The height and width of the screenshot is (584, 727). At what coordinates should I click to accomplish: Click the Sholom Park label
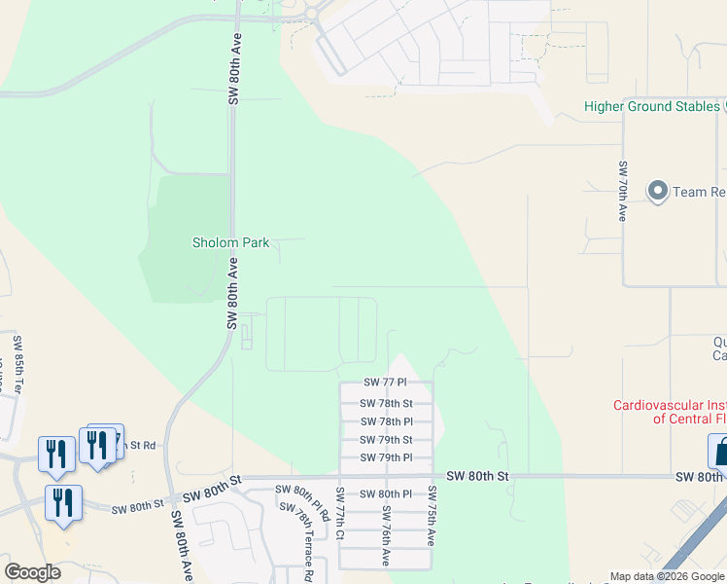coord(230,242)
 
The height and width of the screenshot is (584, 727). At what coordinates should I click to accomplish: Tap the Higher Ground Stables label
coord(650,106)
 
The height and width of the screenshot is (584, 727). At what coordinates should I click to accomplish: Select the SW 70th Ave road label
coord(621,190)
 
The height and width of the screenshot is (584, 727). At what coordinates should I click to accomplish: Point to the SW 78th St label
coord(386,403)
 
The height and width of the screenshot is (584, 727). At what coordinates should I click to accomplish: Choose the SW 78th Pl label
coord(386,421)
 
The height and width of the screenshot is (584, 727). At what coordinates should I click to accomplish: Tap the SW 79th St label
coord(386,440)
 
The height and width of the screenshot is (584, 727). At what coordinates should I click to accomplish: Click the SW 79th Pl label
coord(386,457)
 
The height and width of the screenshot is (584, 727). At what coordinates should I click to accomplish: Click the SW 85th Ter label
coord(17,363)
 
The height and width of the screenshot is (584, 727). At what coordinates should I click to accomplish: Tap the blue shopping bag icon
coord(720,451)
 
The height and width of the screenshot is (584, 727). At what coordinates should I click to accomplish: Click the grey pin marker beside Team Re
coord(658,191)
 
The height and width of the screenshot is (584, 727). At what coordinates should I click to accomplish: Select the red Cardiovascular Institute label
coord(669,412)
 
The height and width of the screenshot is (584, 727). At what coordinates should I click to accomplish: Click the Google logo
coord(32,572)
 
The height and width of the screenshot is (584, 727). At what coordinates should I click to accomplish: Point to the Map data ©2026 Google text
coord(667,576)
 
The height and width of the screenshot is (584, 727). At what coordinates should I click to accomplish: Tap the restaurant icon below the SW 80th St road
coord(63,502)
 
